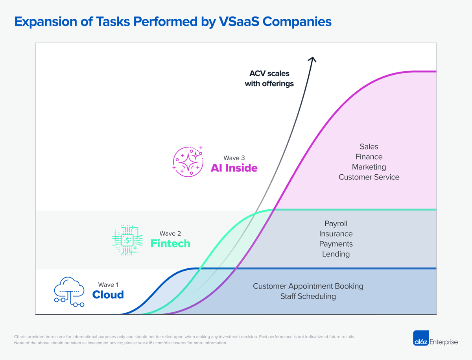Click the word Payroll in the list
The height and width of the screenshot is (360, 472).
tap(336, 223)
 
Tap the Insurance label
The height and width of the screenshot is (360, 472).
tap(336, 234)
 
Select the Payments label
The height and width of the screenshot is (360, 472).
tap(336, 244)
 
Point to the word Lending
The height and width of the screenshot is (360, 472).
tap(336, 254)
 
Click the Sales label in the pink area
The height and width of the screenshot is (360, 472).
tap(369, 147)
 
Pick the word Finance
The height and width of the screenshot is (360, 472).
tap(369, 157)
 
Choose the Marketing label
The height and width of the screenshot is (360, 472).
tap(369, 167)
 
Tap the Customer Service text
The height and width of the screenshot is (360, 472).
tap(369, 177)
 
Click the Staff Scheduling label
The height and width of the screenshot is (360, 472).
tap(308, 296)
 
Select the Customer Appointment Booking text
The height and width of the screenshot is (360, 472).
tap(308, 286)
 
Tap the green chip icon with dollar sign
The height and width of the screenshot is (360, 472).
tap(127, 240)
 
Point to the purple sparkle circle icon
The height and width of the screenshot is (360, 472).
tap(188, 161)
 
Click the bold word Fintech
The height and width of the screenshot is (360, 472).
tap(170, 244)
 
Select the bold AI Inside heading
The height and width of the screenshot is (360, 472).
tap(234, 168)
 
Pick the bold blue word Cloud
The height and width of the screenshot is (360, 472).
tap(108, 295)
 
